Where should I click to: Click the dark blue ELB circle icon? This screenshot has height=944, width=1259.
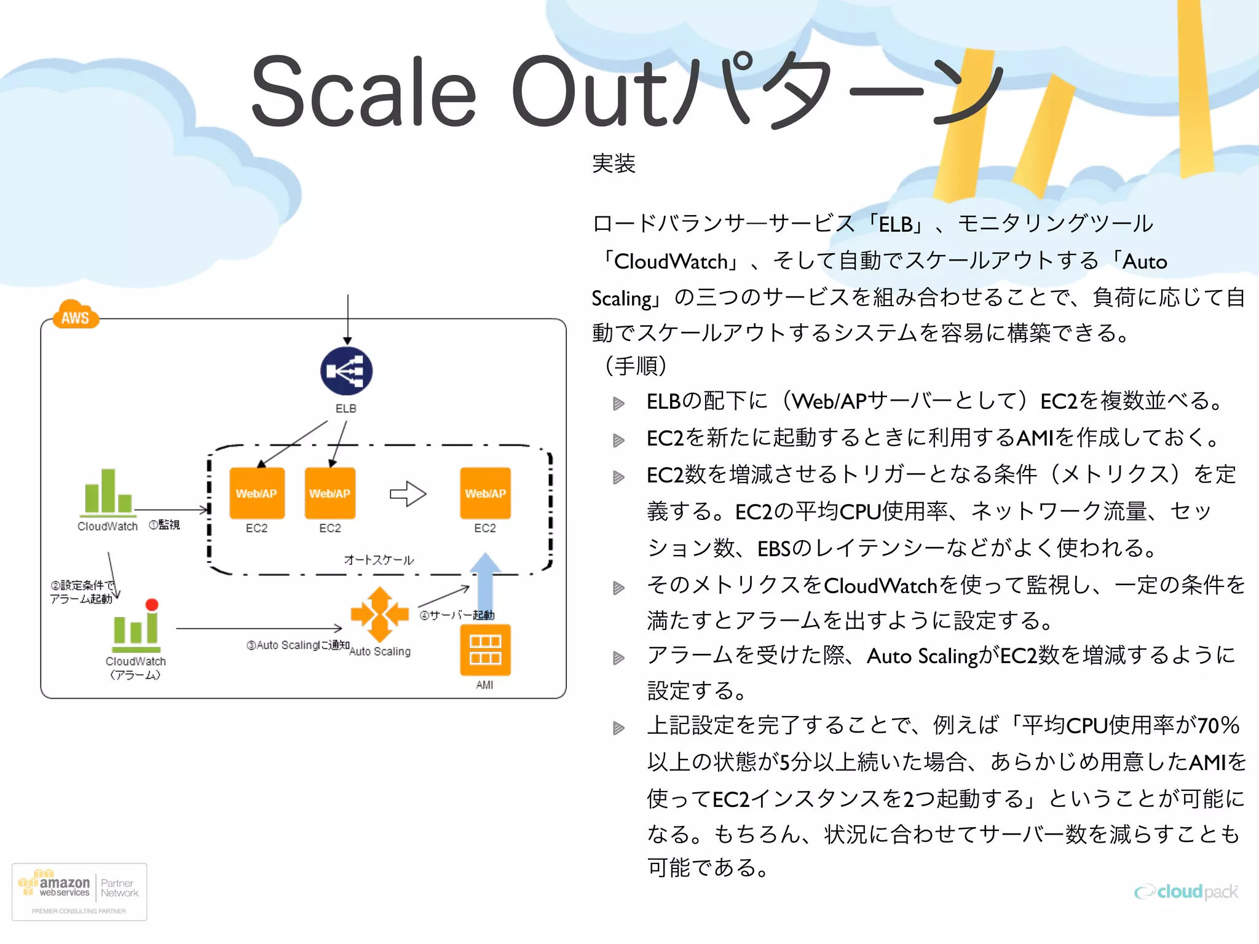coord(346,371)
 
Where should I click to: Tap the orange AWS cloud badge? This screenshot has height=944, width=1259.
coord(76,315)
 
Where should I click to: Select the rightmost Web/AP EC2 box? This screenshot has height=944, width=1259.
coord(485,494)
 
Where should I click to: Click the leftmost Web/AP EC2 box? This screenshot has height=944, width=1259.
coord(256,494)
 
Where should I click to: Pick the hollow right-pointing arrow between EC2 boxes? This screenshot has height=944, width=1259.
coord(408,494)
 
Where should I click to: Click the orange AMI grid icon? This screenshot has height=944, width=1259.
coord(485,650)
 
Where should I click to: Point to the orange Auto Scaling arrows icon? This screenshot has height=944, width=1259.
coord(379,614)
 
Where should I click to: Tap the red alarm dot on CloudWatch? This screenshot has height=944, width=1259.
coord(152,605)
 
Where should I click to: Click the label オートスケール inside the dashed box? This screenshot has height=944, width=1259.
coord(379,560)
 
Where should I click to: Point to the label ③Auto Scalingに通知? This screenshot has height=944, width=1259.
coord(298,645)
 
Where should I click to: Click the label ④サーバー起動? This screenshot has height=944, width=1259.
coord(457,615)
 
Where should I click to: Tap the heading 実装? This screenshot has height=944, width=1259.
coord(613,163)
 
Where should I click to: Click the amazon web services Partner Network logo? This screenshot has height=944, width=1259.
coord(79,891)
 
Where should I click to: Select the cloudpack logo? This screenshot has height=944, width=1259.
coord(1186,892)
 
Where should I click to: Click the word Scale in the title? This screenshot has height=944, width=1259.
coord(363,92)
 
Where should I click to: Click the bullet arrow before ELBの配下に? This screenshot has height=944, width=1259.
coord(618,403)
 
